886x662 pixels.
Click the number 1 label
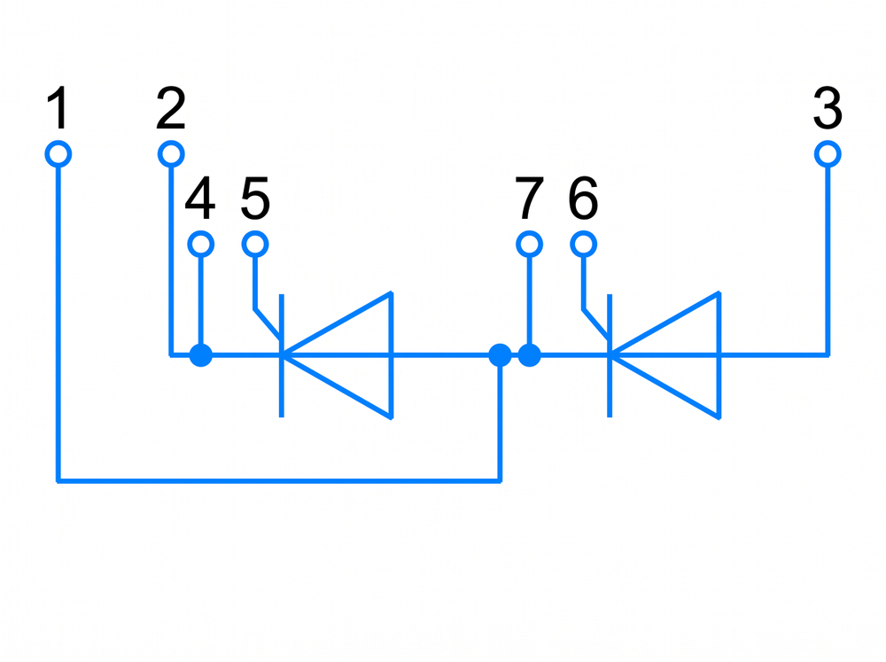tap(58, 107)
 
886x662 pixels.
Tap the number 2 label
tap(171, 107)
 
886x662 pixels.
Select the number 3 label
tap(828, 107)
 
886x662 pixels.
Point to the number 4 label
tap(200, 198)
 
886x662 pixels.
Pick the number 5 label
tap(255, 198)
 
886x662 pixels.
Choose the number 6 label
tap(583, 198)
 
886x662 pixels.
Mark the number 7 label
tap(530, 198)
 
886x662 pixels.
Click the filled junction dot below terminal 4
tap(200, 355)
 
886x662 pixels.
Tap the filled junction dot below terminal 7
tap(530, 355)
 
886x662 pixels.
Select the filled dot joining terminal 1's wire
tap(500, 355)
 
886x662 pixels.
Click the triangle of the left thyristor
tap(390, 355)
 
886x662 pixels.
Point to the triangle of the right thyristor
tap(719, 355)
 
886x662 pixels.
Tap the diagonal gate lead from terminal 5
tap(268, 324)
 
